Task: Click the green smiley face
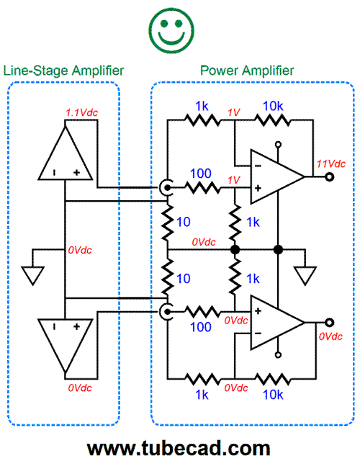(171, 30)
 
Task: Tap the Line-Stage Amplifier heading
(63, 71)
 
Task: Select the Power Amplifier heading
(247, 71)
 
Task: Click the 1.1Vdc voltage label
(81, 112)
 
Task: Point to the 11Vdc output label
(331, 164)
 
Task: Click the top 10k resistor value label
(273, 106)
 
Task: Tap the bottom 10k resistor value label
(273, 395)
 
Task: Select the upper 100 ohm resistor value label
(201, 174)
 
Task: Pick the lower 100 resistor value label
(201, 327)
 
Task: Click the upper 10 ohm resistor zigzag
(167, 223)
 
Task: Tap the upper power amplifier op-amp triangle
(277, 176)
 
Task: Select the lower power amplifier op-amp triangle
(277, 323)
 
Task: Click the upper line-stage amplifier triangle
(66, 153)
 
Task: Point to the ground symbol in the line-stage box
(32, 275)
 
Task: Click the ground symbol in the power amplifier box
(305, 275)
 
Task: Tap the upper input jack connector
(165, 187)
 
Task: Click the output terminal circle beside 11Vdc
(330, 176)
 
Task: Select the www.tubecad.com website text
(179, 448)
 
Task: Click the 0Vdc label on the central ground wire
(204, 242)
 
